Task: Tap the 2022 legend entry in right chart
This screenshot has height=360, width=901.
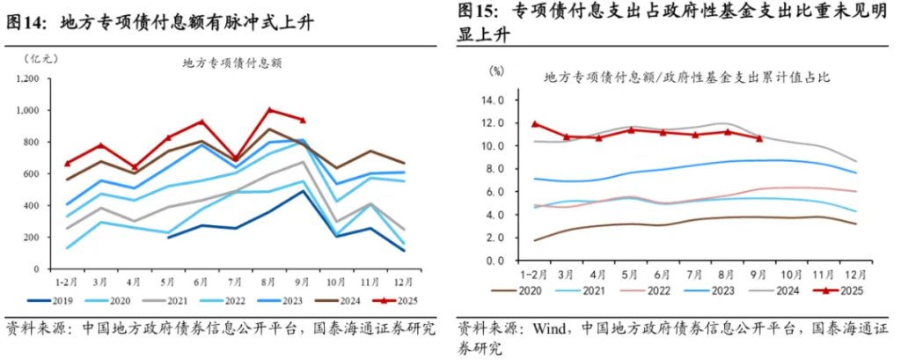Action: point(650,290)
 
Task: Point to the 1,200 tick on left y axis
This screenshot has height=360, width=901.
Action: point(28,79)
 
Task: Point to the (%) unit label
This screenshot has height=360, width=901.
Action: point(496,70)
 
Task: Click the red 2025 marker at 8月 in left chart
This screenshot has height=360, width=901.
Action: point(270,110)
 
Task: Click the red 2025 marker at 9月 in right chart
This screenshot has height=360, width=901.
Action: point(759,137)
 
